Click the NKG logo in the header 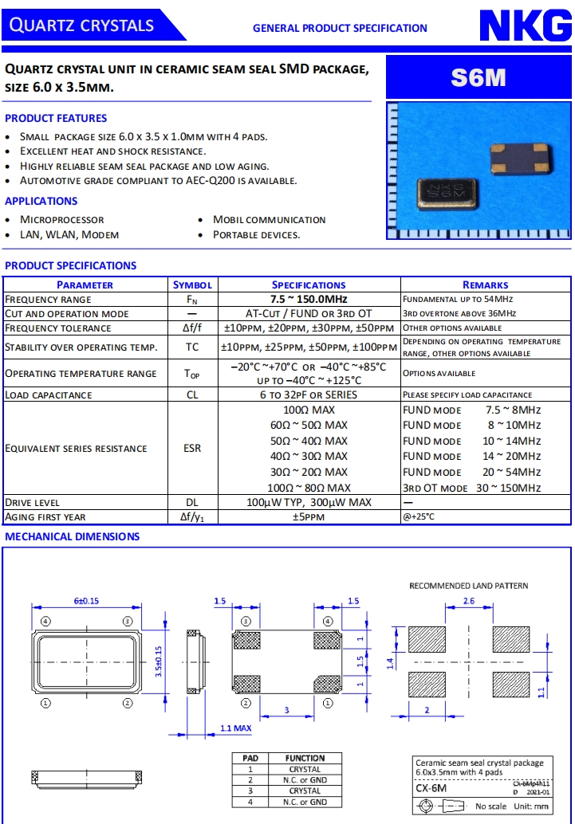pos(525,26)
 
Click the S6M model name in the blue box pos(479,77)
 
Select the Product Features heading pos(56,118)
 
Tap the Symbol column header pos(192,284)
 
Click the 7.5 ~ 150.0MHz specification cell pos(309,299)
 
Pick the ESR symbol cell pos(192,449)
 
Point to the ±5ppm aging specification pos(309,517)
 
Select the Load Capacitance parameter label pos(49,394)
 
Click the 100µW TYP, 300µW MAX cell pos(309,502)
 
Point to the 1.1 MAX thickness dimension pos(235,728)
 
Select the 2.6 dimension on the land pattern pos(468,601)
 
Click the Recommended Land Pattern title pos(468,586)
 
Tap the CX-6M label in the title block pos(431,788)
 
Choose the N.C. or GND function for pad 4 pos(305,802)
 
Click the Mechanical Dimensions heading pos(73,536)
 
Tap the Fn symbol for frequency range pos(192,300)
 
